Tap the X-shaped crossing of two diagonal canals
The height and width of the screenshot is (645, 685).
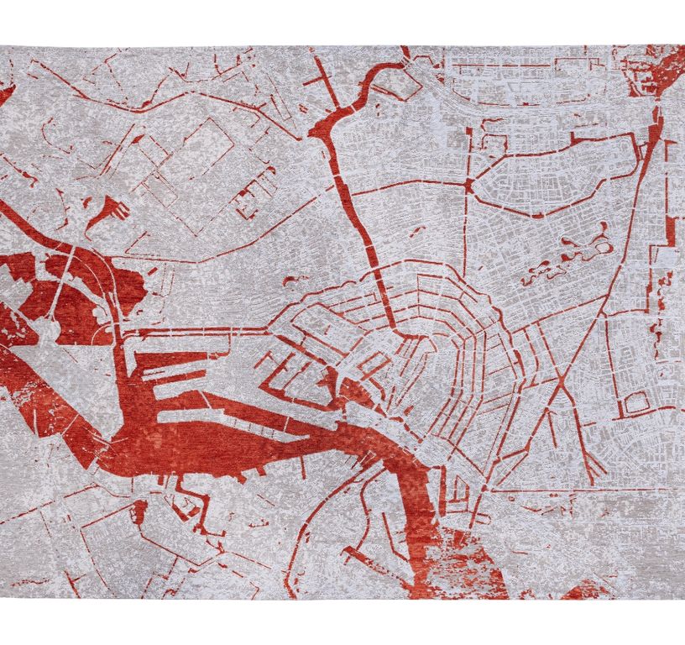(561, 383)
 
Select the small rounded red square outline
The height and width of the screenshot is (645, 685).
(635, 406)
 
